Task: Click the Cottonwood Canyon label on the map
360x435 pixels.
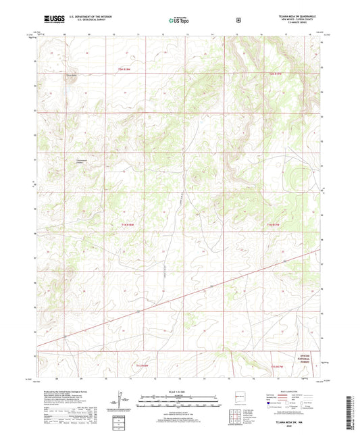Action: point(82,161)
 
